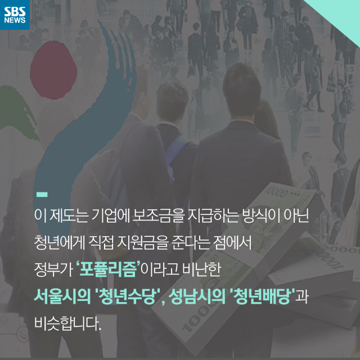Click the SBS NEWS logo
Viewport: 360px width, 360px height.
point(15,15)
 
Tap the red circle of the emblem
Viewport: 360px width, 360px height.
point(53,70)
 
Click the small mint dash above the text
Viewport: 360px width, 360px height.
point(42,195)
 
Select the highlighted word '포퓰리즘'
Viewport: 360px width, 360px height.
point(107,269)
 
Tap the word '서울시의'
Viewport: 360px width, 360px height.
point(62,296)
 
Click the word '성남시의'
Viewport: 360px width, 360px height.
point(196,296)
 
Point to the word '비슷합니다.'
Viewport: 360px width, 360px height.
point(67,323)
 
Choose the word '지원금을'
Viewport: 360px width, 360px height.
point(142,242)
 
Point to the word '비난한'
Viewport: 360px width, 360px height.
point(201,269)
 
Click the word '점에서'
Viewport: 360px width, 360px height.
point(232,242)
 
